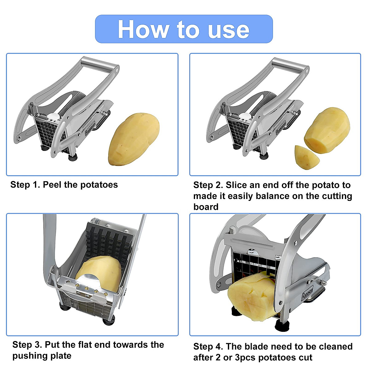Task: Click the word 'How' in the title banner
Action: [x=143, y=29]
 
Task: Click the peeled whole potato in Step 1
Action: [x=134, y=140]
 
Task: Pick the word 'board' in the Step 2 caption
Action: [x=206, y=207]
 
